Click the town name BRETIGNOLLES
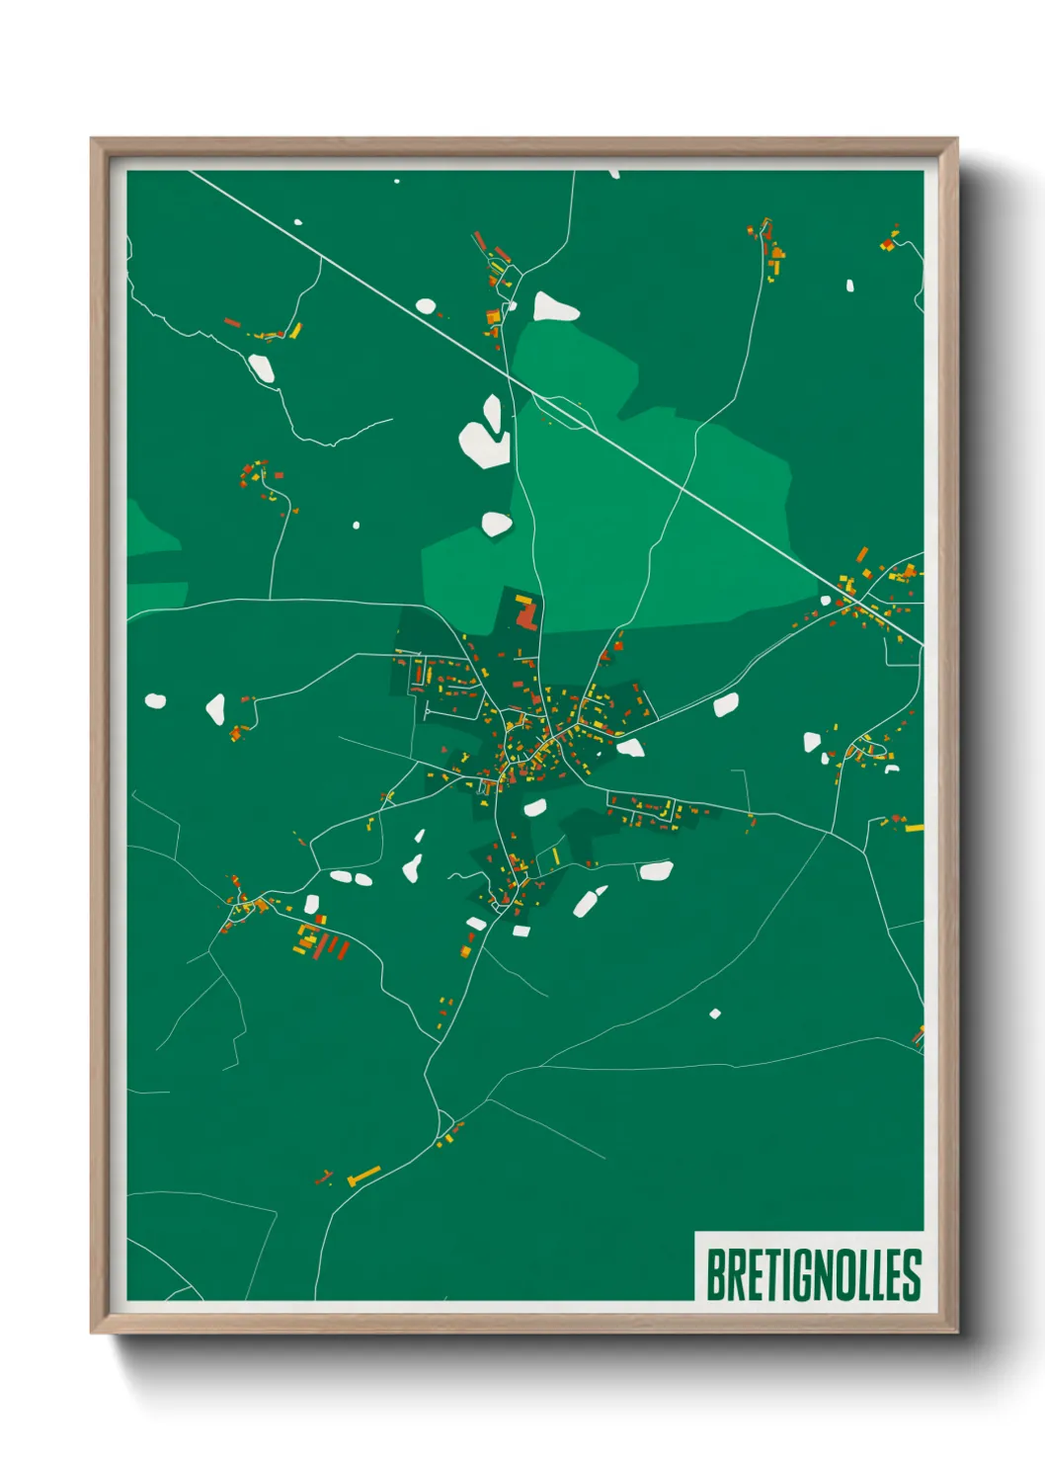click(x=813, y=1274)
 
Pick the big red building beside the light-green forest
click(x=525, y=614)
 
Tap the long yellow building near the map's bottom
click(x=364, y=1175)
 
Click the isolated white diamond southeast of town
click(x=714, y=1014)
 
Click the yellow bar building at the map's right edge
click(x=914, y=828)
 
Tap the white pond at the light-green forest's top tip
click(x=554, y=307)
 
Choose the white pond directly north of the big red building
click(x=496, y=524)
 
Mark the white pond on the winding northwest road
click(x=260, y=368)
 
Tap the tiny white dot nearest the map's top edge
click(x=397, y=181)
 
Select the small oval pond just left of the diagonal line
click(x=426, y=306)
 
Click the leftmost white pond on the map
click(x=155, y=701)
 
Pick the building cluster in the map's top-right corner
click(x=890, y=240)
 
